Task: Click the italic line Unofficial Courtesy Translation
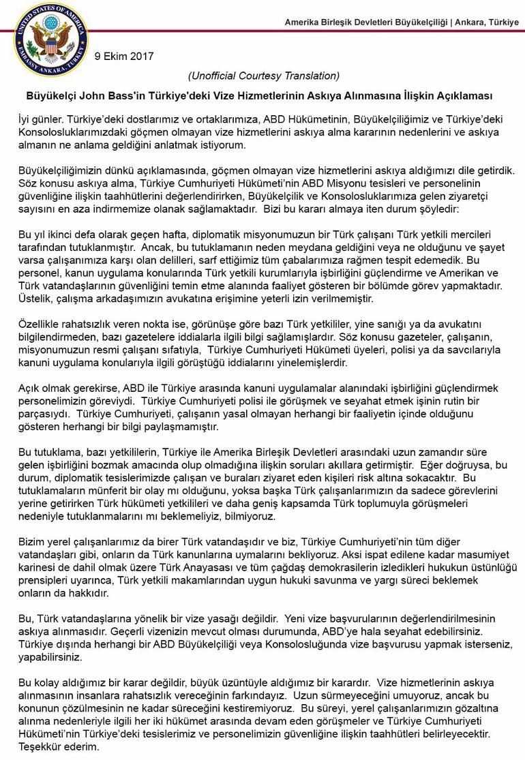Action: (263, 75)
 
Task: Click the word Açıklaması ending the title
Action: (468, 96)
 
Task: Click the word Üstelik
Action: (33, 299)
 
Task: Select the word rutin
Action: (453, 401)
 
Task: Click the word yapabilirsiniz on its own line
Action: (49, 658)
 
